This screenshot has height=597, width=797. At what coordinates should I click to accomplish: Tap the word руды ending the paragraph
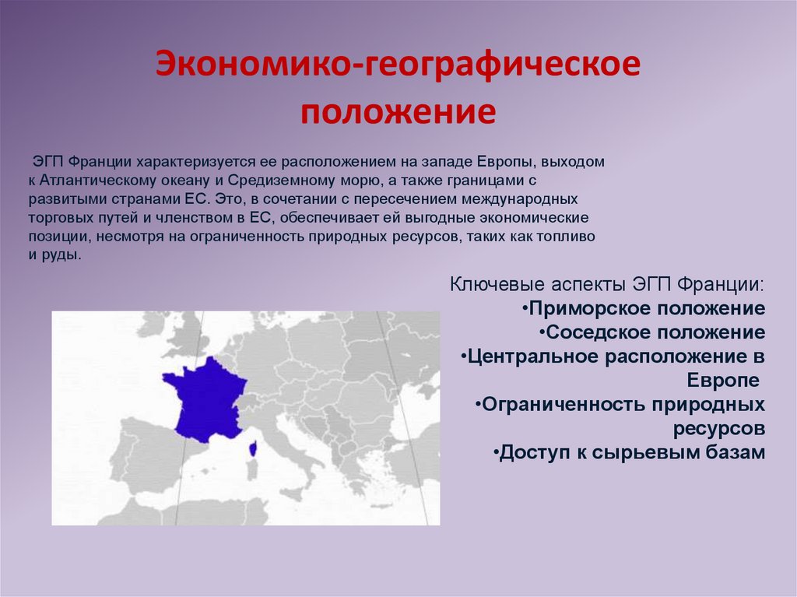click(x=63, y=255)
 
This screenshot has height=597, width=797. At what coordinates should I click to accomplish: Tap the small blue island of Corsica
click(x=253, y=448)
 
